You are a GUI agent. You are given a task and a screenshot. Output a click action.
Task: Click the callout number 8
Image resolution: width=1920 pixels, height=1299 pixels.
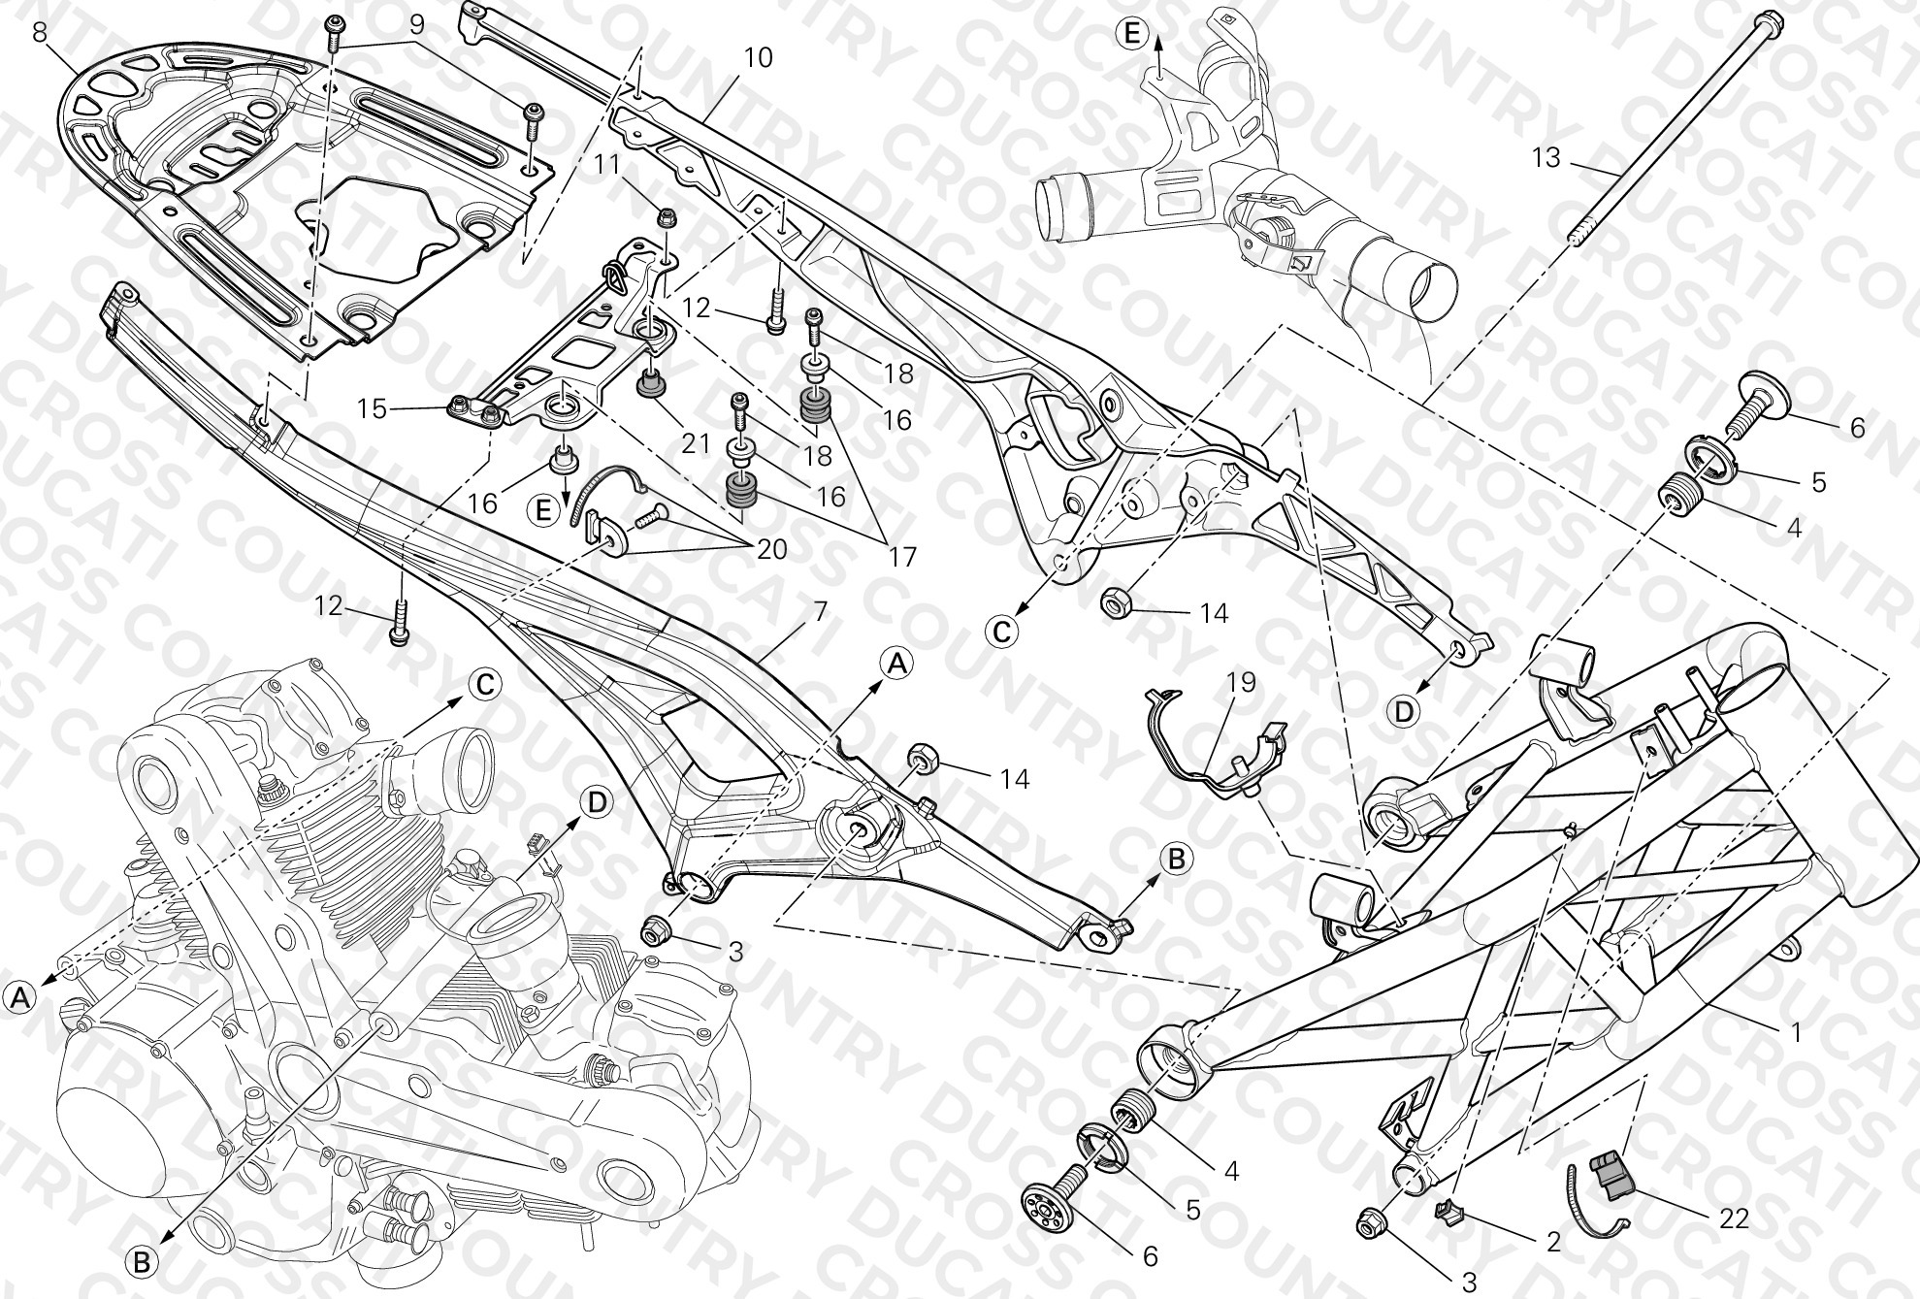40,32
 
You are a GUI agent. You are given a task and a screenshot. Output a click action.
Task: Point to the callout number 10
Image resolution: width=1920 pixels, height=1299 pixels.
758,58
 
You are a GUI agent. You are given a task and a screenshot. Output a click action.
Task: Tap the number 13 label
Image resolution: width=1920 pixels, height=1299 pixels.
1546,156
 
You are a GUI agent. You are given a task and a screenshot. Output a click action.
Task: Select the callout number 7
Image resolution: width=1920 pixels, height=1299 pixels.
820,612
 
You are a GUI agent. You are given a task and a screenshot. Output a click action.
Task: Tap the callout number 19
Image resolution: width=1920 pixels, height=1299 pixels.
1241,682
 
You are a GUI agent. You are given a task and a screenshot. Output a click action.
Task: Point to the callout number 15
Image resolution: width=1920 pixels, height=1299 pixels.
372,409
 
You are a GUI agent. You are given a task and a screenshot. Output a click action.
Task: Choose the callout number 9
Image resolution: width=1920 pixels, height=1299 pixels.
416,25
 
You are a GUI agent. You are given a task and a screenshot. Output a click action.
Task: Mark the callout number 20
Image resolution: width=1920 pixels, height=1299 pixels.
772,549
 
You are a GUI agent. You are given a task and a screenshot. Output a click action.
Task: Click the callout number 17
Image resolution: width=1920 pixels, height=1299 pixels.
901,557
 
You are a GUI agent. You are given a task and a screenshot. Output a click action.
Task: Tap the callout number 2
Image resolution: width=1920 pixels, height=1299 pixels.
1553,1242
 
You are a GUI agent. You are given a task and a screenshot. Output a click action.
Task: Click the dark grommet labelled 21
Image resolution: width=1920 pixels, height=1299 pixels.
649,384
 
